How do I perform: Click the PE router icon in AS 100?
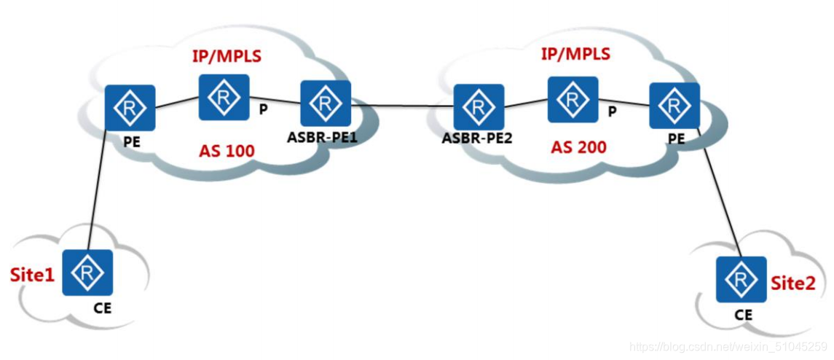pos(129,109)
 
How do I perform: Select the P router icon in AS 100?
pos(224,97)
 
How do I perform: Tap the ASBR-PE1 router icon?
pos(326,104)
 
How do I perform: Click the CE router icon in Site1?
pos(87,273)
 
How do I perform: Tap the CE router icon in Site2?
pos(741,279)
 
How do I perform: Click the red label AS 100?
pos(227,152)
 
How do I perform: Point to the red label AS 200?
pos(579,147)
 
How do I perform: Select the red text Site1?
pos(32,275)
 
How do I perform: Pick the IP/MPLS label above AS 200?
pos(575,54)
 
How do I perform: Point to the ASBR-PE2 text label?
pos(477,138)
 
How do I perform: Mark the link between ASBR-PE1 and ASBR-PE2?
pos(402,106)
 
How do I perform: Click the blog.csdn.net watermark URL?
pos(728,346)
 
